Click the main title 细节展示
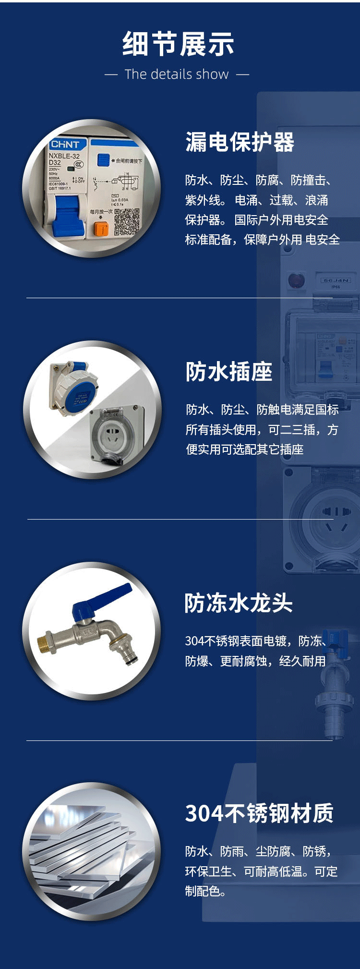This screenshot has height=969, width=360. [178, 44]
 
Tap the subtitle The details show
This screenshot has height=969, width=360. [177, 74]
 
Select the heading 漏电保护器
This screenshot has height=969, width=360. [240, 143]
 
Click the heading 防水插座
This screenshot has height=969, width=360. [229, 372]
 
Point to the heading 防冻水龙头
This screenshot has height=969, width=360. [239, 603]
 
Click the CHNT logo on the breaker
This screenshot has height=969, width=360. [65, 145]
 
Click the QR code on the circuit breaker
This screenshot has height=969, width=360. [127, 221]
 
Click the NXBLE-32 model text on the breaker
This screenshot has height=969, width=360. [64, 156]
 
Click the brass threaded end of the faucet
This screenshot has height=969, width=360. [46, 642]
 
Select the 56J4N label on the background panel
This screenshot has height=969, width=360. [336, 280]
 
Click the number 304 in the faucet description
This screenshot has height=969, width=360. [194, 641]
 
